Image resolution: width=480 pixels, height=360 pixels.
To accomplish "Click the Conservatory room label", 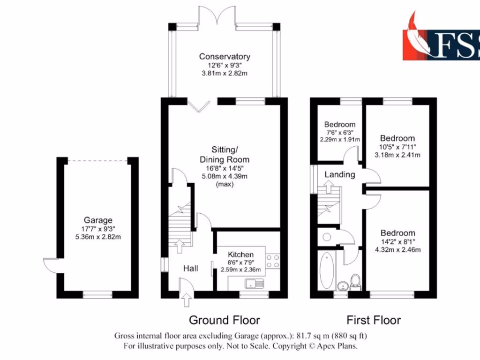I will (x=225, y=57).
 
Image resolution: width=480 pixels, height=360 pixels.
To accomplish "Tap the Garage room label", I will (x=98, y=220).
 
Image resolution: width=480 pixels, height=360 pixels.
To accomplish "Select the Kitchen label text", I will (x=241, y=255).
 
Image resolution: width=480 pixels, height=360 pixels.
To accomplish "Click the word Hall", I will (x=190, y=269).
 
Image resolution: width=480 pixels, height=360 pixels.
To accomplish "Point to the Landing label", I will (x=340, y=175).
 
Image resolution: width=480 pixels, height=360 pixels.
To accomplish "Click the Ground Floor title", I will (x=224, y=321).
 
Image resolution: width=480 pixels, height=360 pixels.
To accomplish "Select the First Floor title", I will (x=374, y=321).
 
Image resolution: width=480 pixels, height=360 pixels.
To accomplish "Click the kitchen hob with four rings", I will (x=273, y=261).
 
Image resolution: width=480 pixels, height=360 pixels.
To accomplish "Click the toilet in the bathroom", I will (x=355, y=282).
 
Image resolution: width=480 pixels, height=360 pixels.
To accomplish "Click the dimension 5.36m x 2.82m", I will (x=98, y=237).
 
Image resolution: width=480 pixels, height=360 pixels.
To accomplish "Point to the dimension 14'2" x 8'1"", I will (x=397, y=242).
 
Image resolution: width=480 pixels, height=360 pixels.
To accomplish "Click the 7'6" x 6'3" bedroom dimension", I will (x=340, y=133).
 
